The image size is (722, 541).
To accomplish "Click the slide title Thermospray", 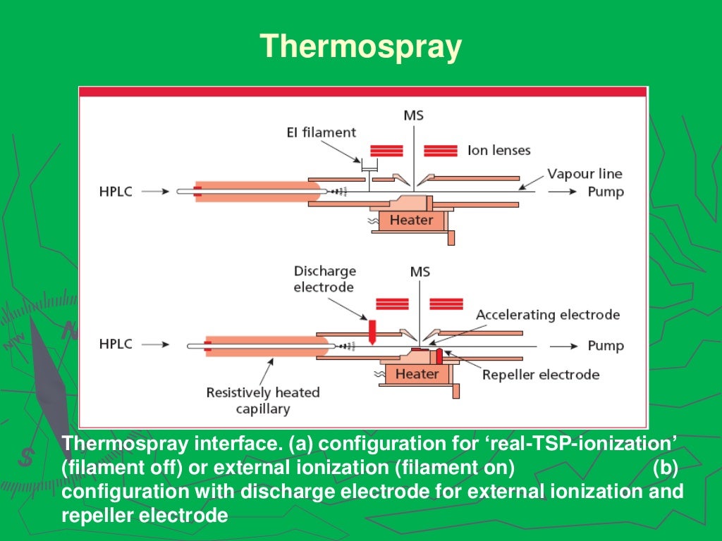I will (361, 46).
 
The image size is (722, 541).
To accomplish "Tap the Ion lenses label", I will (498, 150).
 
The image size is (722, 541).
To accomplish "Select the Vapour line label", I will (585, 174).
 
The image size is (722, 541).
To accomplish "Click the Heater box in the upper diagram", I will (411, 220).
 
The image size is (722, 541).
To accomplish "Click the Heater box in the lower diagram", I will (417, 374).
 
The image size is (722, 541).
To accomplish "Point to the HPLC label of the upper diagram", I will (116, 191).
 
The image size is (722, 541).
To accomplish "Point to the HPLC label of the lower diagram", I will (116, 344).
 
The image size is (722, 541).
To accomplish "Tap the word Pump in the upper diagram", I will (606, 192).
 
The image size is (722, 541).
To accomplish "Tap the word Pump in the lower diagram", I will (606, 345).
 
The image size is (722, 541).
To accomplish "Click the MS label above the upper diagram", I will (413, 115).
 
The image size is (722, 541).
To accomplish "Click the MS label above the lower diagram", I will (420, 271).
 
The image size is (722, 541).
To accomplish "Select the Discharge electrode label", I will (324, 279).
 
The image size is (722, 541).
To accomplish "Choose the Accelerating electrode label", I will (548, 314).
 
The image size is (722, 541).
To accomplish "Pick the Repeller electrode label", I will (541, 375).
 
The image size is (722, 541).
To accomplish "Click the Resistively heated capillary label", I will (263, 400).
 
